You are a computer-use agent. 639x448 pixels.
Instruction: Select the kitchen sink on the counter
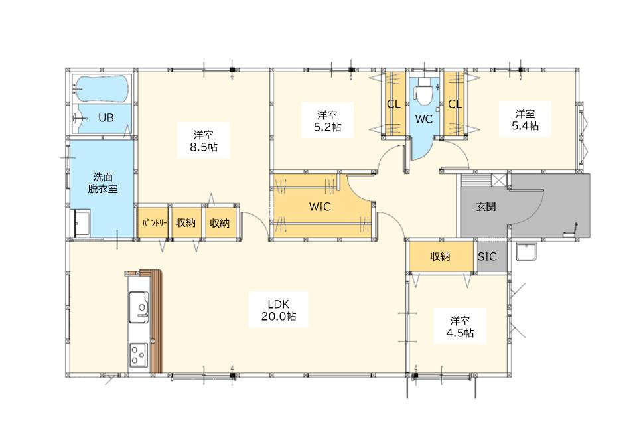pyautogui.click(x=139, y=307)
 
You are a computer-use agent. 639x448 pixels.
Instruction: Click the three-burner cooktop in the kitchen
pyautogui.click(x=139, y=355)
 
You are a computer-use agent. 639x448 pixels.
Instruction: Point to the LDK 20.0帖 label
pyautogui.click(x=279, y=310)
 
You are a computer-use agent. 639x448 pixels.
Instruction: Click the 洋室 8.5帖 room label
pyautogui.click(x=203, y=141)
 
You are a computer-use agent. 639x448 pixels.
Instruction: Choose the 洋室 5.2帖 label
pyautogui.click(x=327, y=121)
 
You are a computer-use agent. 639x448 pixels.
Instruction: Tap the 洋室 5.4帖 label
pyautogui.click(x=525, y=119)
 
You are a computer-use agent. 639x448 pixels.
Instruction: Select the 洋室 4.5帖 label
pyautogui.click(x=460, y=327)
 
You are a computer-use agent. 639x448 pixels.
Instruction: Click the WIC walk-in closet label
pyautogui.click(x=320, y=206)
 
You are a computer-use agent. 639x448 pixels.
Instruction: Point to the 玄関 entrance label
pyautogui.click(x=486, y=206)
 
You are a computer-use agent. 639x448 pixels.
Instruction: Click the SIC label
pyautogui.click(x=488, y=256)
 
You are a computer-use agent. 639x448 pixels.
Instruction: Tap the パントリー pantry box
pyautogui.click(x=153, y=222)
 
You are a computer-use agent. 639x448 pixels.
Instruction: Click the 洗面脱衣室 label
pyautogui.click(x=103, y=183)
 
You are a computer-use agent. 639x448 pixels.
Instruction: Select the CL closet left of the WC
pyautogui.click(x=393, y=104)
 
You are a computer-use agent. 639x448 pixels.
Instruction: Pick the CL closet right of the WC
pyautogui.click(x=455, y=104)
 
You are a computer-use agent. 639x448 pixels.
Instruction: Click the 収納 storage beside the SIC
pyautogui.click(x=441, y=256)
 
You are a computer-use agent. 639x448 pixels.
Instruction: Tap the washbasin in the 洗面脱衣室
pyautogui.click(x=82, y=223)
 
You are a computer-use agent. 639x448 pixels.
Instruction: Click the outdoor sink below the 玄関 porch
pyautogui.click(x=528, y=252)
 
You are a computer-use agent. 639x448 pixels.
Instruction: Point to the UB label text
pyautogui.click(x=106, y=118)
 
